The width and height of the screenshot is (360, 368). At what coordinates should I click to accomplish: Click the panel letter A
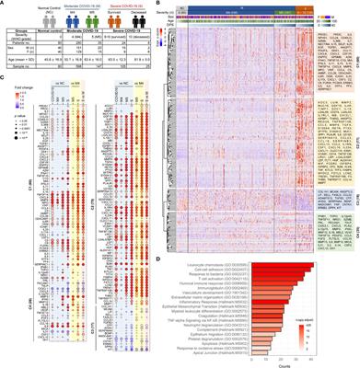click(x=4, y=5)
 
